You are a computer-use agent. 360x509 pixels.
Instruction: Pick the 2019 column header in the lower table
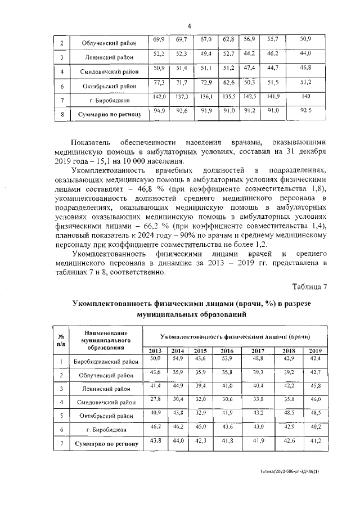click(316, 351)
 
